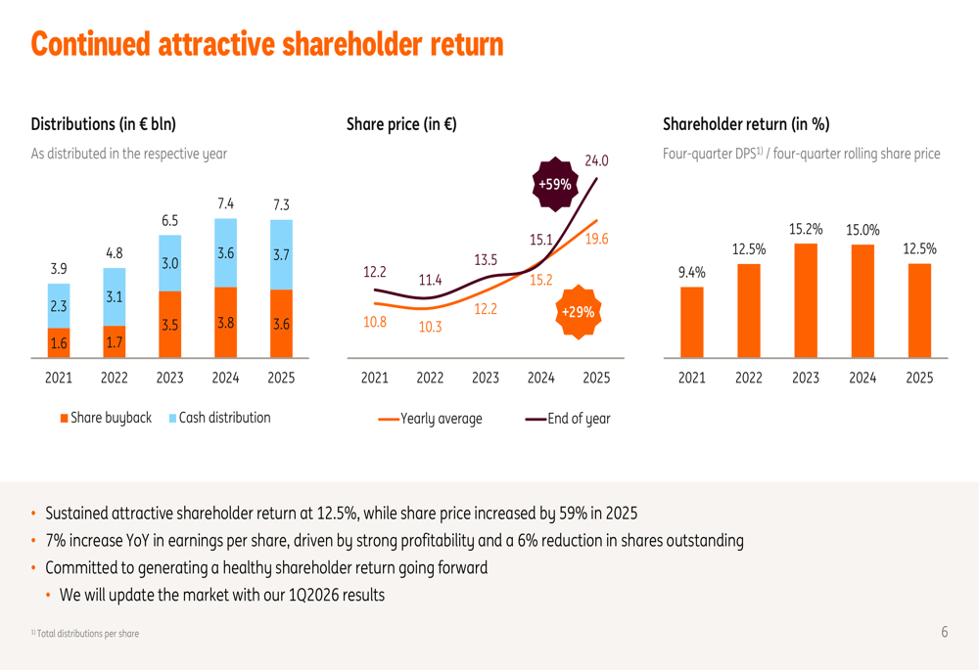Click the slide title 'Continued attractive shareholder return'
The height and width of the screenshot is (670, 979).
tap(267, 44)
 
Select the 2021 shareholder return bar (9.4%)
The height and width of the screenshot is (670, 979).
tap(691, 321)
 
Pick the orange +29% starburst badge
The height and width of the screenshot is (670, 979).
tap(577, 312)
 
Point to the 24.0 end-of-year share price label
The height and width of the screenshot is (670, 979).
tap(597, 160)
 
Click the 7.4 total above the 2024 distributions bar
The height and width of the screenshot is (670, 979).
tap(225, 203)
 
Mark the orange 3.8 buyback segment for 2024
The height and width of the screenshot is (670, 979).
tap(225, 323)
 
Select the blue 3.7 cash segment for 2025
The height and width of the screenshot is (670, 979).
tap(281, 254)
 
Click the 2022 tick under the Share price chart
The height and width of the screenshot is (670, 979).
tap(430, 378)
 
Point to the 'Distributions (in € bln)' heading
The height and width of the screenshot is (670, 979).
tap(104, 124)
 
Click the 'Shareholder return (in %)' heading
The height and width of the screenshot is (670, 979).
tap(746, 124)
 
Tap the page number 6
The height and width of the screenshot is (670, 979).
tap(945, 633)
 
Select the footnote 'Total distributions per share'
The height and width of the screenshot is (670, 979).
tap(86, 634)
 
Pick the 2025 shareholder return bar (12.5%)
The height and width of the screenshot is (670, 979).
tap(919, 310)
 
